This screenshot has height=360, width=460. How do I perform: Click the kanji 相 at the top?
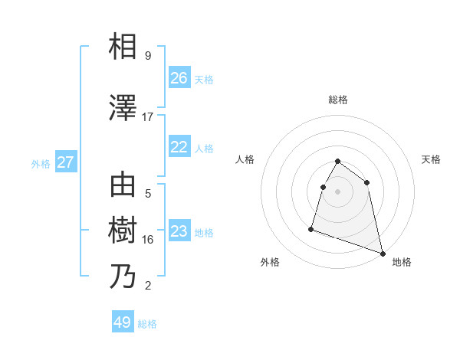(x=123, y=47)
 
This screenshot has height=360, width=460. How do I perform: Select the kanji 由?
(x=123, y=185)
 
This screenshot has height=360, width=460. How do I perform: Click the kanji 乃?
(x=123, y=277)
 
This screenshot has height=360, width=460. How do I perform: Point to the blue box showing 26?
(x=179, y=78)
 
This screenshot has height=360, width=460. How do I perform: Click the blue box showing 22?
(x=179, y=148)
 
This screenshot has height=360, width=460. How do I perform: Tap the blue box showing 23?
(x=179, y=232)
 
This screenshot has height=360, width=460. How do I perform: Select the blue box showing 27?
(x=65, y=162)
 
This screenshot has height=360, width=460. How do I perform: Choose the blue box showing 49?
(x=123, y=322)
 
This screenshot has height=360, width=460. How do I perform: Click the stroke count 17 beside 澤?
(x=148, y=117)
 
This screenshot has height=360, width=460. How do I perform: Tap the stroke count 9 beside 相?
(x=148, y=56)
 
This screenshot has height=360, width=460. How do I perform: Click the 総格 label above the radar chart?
(x=338, y=100)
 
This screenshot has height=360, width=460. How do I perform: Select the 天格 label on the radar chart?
(x=432, y=159)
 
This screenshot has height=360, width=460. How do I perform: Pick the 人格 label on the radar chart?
(x=245, y=159)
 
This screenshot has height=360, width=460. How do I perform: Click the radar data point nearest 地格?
(x=381, y=253)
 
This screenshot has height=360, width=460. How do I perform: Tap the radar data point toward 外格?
(x=311, y=228)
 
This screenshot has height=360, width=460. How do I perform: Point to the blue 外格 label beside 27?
(x=41, y=163)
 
